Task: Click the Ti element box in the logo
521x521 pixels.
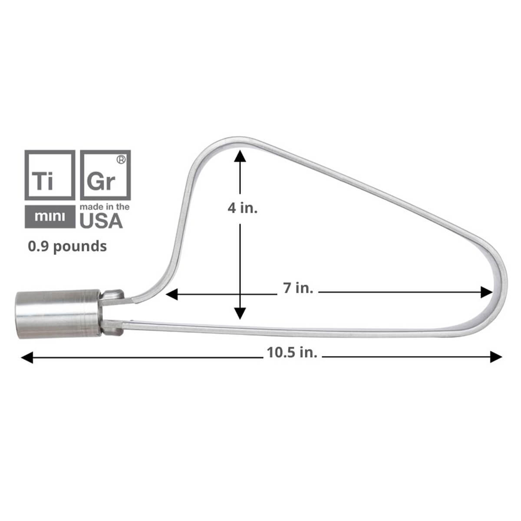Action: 49,175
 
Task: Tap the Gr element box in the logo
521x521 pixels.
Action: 106,175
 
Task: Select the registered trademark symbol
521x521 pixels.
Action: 122,160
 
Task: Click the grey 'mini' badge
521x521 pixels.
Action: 49,216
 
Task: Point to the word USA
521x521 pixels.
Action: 101,221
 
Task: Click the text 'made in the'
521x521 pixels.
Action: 105,207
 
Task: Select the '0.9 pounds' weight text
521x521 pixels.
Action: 67,246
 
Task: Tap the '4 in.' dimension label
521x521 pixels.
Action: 243,208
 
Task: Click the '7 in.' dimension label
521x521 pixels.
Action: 298,288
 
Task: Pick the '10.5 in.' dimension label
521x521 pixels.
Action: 292,352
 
